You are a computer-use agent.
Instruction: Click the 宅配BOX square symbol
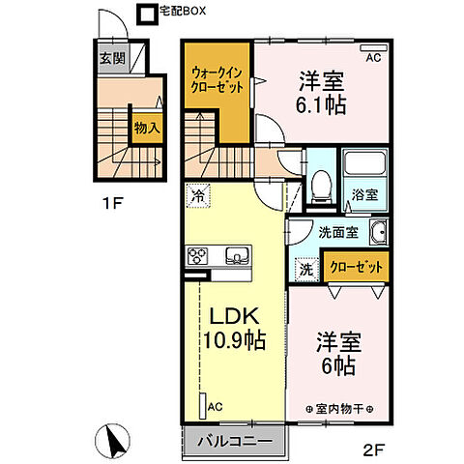146,14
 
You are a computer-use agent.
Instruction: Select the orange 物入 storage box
147,127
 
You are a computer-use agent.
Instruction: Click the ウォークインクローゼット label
217,79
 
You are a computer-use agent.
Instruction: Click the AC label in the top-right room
372,57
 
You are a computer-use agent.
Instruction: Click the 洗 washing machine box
304,271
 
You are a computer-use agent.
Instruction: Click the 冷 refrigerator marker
197,194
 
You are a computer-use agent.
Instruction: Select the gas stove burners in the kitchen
199,256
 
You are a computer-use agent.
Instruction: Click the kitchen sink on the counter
236,256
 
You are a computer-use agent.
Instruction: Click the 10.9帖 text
233,342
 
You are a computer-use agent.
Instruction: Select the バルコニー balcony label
233,443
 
